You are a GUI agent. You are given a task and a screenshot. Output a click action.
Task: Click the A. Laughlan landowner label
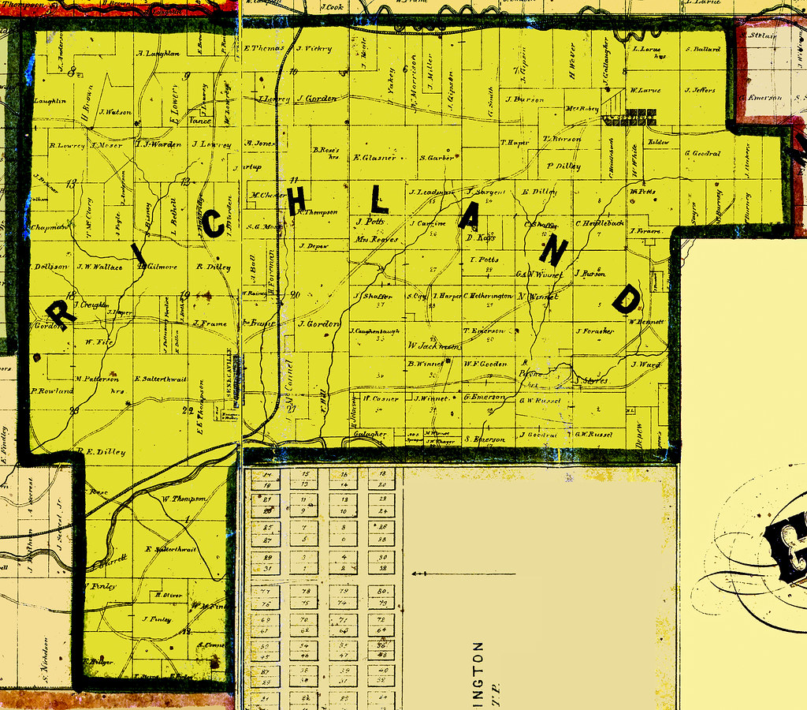(x=158, y=54)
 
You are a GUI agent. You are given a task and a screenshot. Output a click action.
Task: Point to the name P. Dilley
(x=563, y=166)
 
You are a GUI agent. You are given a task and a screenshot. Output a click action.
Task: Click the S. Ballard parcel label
(x=703, y=49)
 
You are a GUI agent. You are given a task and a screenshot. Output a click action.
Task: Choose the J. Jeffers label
(x=701, y=90)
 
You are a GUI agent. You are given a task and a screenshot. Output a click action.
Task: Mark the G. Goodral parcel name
(x=703, y=153)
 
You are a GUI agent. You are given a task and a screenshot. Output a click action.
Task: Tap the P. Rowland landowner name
(x=52, y=390)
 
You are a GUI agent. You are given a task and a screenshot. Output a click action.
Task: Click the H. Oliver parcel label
(x=168, y=594)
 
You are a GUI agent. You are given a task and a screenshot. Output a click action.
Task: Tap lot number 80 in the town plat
(x=381, y=590)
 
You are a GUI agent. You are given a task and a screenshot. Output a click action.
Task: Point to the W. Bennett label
(x=647, y=321)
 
